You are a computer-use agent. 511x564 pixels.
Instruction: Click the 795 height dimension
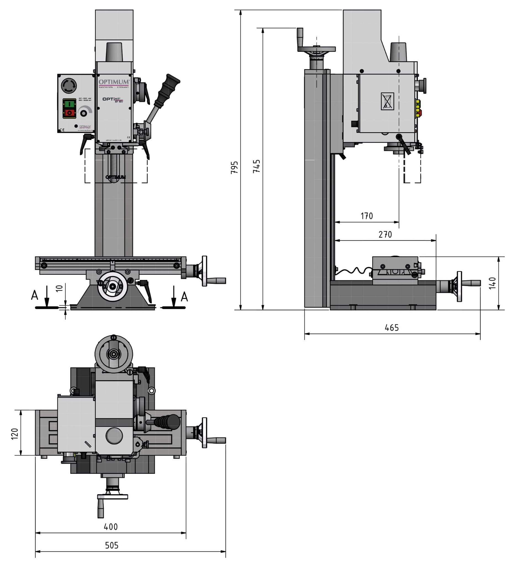click(x=234, y=167)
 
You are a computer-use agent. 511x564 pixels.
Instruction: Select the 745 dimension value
click(x=256, y=166)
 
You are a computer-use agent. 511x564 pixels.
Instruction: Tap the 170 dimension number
click(x=366, y=216)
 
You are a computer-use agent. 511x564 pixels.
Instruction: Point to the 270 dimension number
click(x=385, y=234)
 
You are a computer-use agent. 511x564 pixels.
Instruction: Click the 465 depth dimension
click(x=391, y=328)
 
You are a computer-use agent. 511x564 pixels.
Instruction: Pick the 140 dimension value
click(x=492, y=283)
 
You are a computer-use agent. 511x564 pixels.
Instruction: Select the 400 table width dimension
click(x=111, y=527)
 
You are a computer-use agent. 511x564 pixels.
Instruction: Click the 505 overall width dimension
click(x=112, y=545)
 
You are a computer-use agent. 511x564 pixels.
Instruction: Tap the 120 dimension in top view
click(x=15, y=434)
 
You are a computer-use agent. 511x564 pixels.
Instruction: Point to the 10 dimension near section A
click(x=59, y=288)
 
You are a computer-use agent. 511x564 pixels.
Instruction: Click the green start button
click(x=69, y=104)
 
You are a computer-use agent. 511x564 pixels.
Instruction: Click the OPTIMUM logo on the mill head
click(x=114, y=82)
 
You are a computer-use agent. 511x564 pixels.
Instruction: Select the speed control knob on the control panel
click(x=84, y=113)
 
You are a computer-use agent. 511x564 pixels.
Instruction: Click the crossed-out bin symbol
click(x=387, y=101)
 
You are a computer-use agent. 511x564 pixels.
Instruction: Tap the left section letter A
click(x=34, y=295)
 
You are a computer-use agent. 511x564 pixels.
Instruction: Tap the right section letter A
click(x=184, y=296)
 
